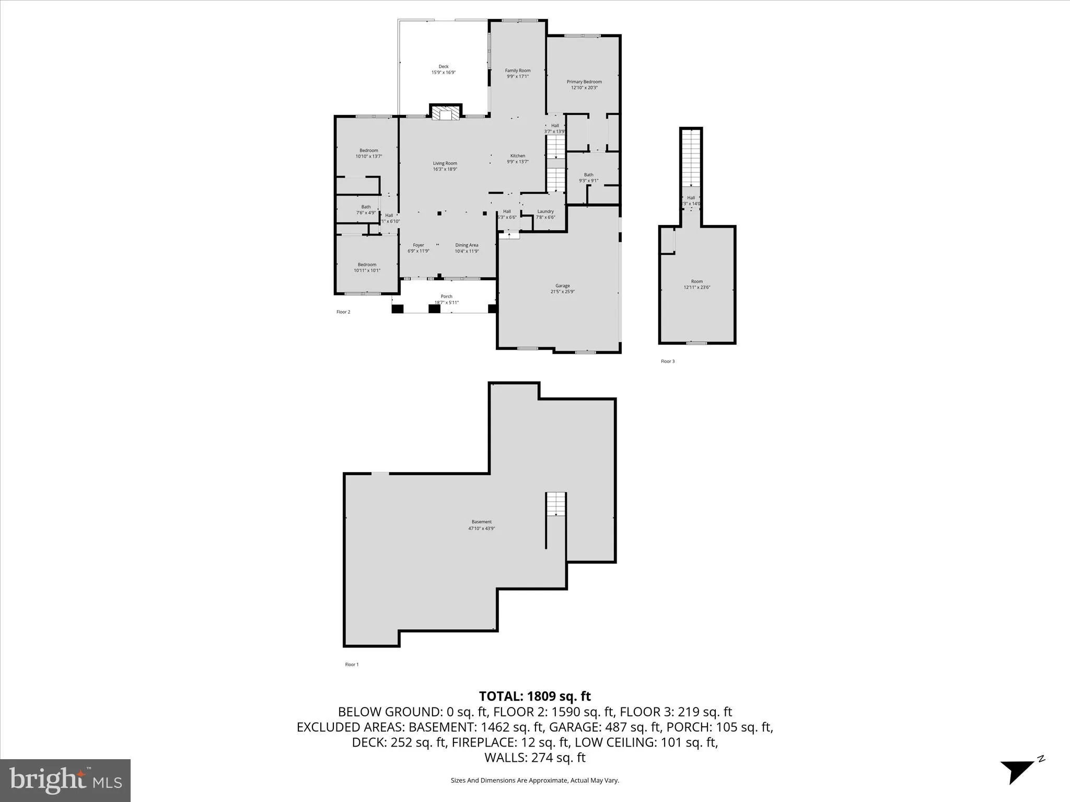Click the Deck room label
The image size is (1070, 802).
point(443,69)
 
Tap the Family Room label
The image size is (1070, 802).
point(517,73)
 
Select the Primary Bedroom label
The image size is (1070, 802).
point(584,85)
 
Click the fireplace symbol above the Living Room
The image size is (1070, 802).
point(446,115)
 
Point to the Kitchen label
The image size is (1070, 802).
point(517,159)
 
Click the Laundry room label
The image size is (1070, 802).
point(545,214)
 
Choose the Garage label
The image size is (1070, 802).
point(562,289)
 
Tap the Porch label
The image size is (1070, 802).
point(446,299)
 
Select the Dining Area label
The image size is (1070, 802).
point(467,248)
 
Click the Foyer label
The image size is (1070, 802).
point(418,248)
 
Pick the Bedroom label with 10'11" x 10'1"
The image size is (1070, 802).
point(367,267)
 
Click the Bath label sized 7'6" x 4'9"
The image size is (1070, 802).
point(366,209)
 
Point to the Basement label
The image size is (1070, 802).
point(481,525)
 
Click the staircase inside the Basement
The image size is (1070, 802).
point(556,504)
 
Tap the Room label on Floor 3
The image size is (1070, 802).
point(697,284)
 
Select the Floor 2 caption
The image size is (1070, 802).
point(343,312)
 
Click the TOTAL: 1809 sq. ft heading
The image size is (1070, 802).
point(534,696)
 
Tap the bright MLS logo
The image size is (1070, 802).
point(65,780)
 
